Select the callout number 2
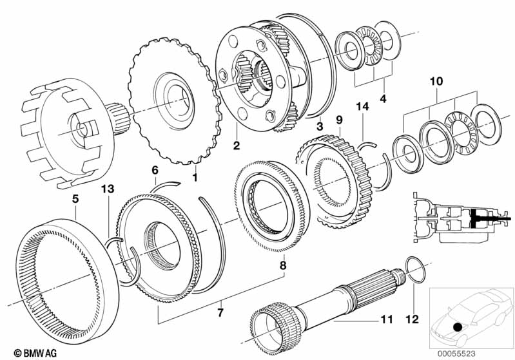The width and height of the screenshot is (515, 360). (237, 146)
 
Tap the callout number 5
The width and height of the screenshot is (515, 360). (75, 199)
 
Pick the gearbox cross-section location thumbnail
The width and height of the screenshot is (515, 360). (451, 216)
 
